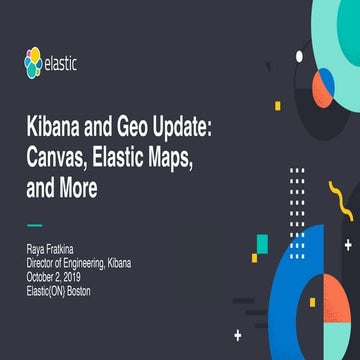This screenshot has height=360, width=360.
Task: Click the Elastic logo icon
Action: point(37,66)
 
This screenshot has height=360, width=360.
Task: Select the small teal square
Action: point(261,244)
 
